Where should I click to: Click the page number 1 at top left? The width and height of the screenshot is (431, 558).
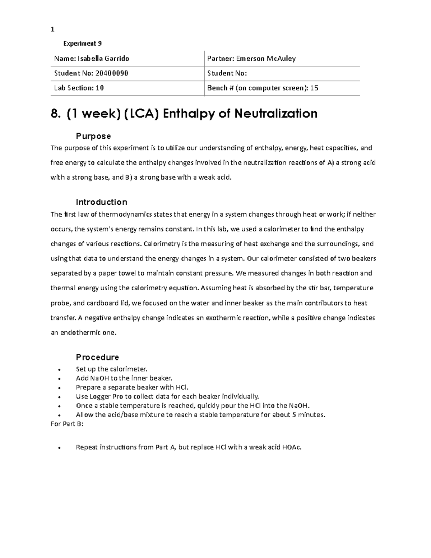52,29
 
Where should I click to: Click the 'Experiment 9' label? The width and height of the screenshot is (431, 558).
82,43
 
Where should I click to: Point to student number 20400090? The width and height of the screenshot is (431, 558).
111,73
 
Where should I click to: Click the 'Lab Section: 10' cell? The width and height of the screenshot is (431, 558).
79,88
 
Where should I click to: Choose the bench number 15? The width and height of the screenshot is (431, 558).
314,88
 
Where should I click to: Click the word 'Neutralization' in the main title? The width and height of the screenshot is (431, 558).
276,114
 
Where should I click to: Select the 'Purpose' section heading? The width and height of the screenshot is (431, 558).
93,136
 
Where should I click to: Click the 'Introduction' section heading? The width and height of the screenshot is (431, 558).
101,202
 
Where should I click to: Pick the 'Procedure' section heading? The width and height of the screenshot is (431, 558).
97,357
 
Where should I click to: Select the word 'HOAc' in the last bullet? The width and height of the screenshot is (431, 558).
292,447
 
